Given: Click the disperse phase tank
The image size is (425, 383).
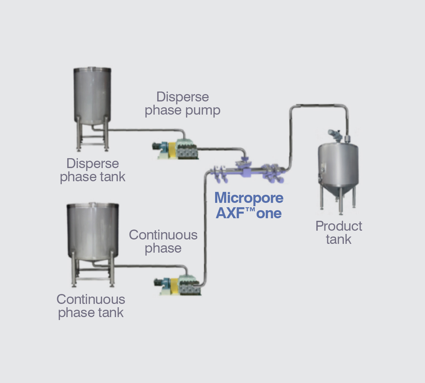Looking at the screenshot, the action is [x=92, y=109].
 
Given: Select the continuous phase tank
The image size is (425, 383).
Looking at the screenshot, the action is [x=93, y=244].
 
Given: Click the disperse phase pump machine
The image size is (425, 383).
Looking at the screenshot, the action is [x=175, y=149].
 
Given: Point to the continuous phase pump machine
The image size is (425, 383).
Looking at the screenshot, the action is [x=177, y=286].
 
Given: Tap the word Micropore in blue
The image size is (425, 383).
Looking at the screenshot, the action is [x=249, y=198].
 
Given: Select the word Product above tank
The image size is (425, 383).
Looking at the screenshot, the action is [x=339, y=226].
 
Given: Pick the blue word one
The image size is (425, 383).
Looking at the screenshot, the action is [x=269, y=213].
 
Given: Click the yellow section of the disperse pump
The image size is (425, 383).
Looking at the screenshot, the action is [x=172, y=150].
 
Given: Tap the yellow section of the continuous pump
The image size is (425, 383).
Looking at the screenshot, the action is [x=174, y=286].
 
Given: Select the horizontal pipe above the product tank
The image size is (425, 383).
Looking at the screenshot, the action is [x=319, y=105].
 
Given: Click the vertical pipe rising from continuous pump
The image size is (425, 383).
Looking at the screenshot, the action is [x=205, y=228].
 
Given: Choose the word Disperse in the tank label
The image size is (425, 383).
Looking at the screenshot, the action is [x=93, y=164].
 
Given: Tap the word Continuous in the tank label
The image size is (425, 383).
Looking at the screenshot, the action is [x=91, y=300].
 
